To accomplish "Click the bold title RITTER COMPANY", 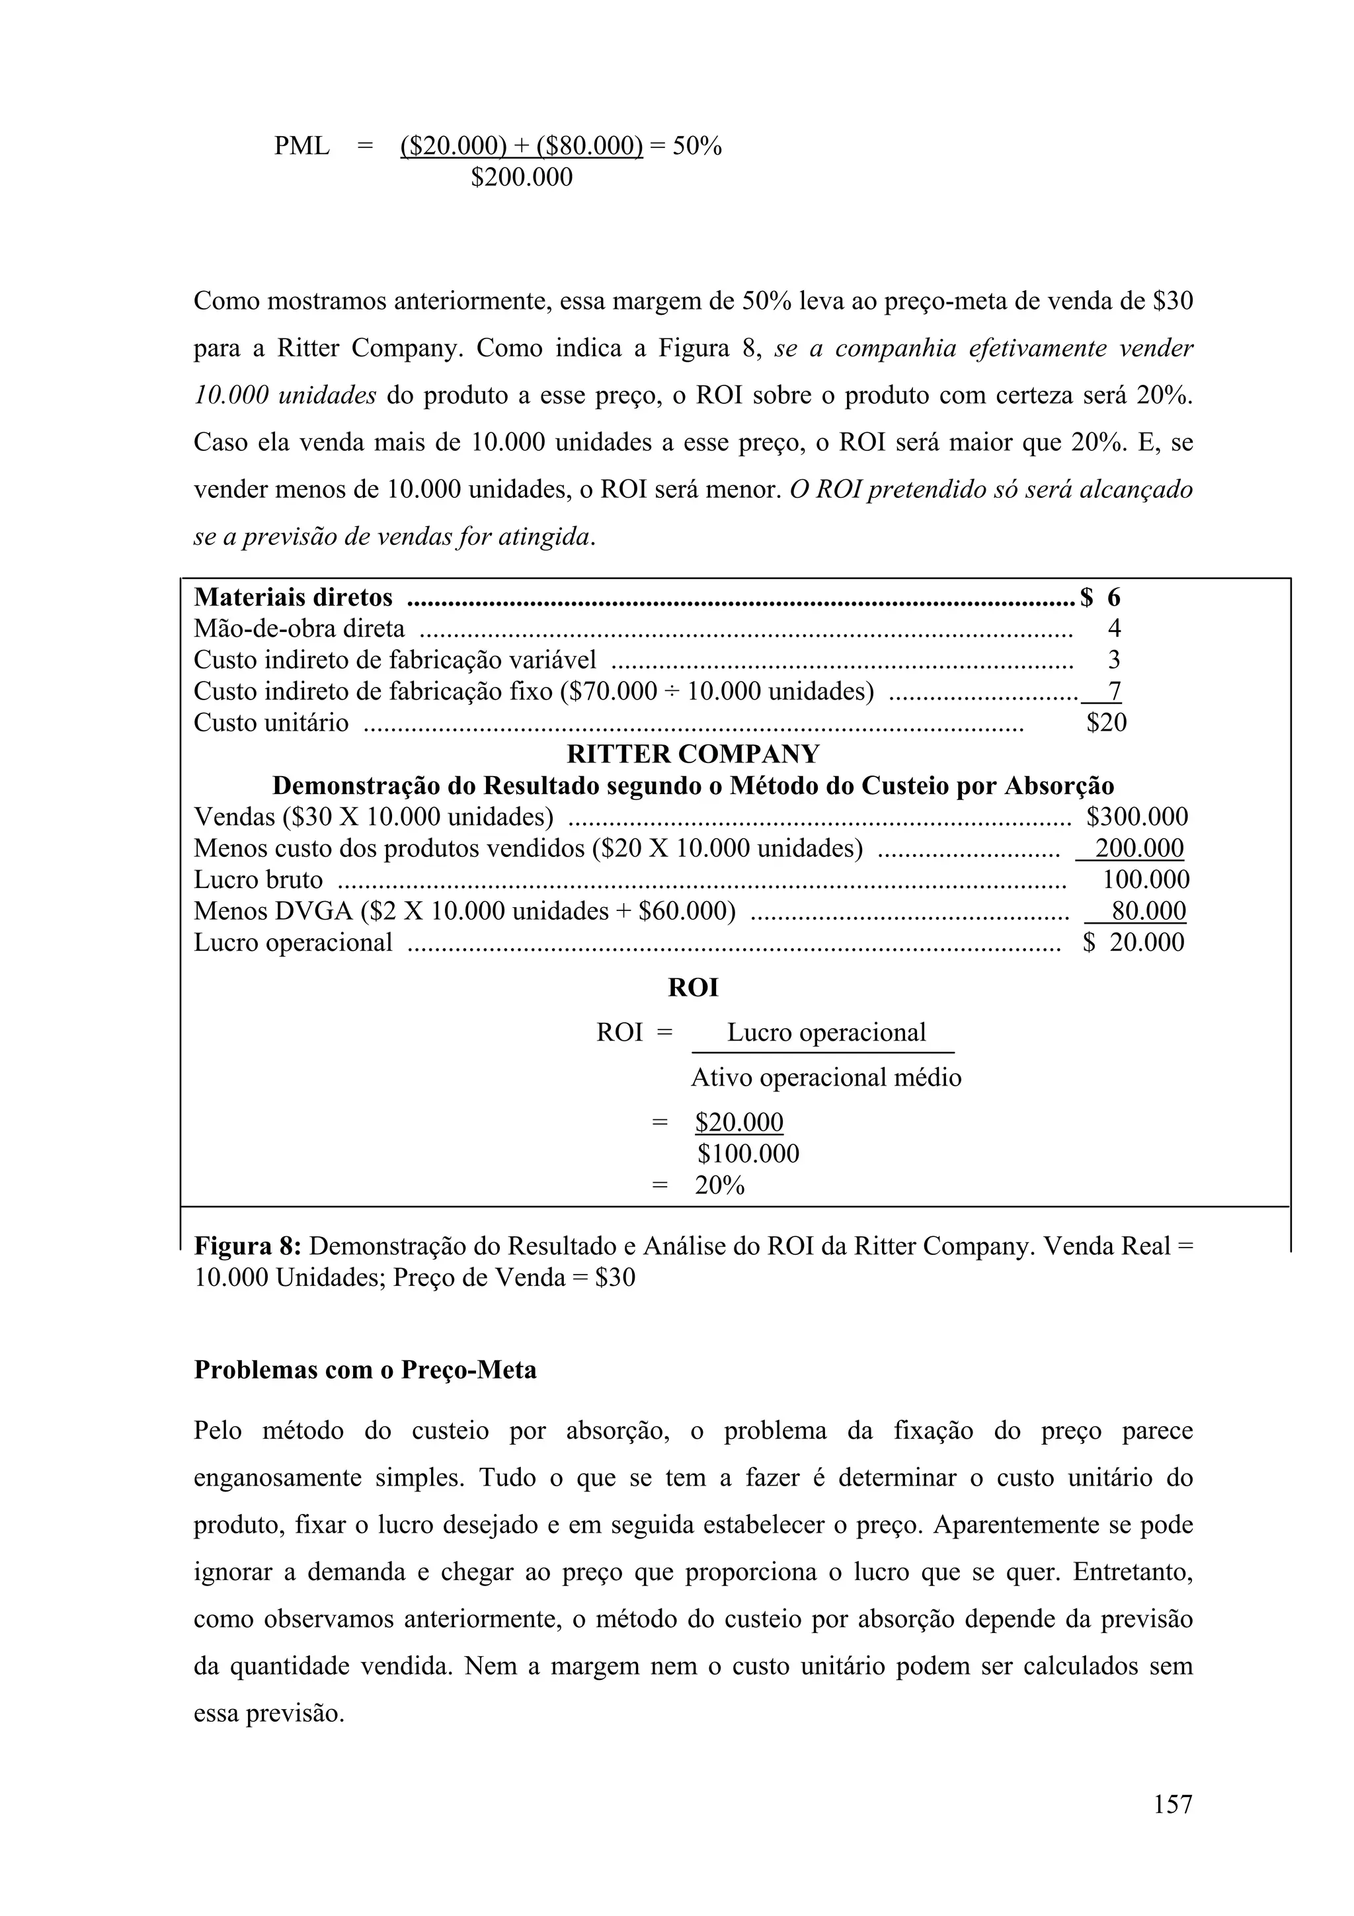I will pyautogui.click(x=692, y=754).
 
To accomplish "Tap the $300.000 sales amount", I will pyautogui.click(x=1137, y=817).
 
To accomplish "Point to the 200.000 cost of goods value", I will pyautogui.click(x=1138, y=849).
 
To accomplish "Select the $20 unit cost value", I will pyautogui.click(x=1106, y=723).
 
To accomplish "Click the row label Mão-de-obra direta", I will pyautogui.click(x=299, y=628).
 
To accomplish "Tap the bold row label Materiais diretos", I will pyautogui.click(x=293, y=598).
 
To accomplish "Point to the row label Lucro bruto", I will pyautogui.click(x=258, y=879).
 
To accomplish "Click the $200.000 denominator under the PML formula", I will pyautogui.click(x=522, y=178).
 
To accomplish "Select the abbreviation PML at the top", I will pyautogui.click(x=302, y=147).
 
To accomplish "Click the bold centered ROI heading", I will pyautogui.click(x=692, y=988).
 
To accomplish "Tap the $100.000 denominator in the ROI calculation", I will pyautogui.click(x=748, y=1154).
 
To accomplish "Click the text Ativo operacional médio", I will pyautogui.click(x=825, y=1078).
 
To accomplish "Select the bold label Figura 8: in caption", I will pyautogui.click(x=247, y=1247).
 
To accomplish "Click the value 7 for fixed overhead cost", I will pyautogui.click(x=1115, y=691).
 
